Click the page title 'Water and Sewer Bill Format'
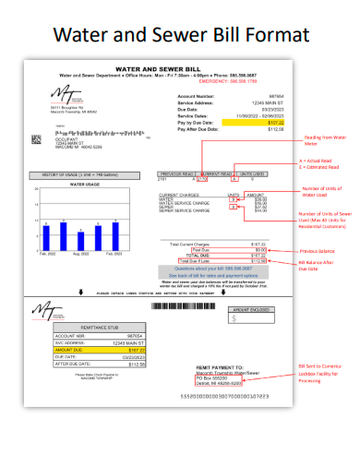coord(179,34)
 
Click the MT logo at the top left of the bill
coord(66,94)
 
